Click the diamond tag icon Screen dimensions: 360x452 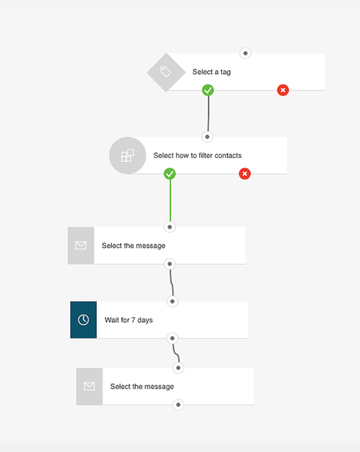click(166, 72)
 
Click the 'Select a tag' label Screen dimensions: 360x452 click(212, 72)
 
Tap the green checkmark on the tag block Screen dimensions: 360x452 click(208, 90)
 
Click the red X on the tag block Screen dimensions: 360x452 click(283, 90)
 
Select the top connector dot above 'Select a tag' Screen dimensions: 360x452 click(246, 53)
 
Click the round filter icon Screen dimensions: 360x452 click(128, 155)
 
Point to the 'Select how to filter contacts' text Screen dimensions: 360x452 click(197, 155)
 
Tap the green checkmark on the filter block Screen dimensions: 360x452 click(170, 173)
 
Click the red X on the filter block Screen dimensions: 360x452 click(245, 173)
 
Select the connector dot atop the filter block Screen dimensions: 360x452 click(207, 137)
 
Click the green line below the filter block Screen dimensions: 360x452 click(170, 200)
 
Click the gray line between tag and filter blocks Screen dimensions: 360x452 click(208, 113)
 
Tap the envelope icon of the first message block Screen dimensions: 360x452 click(81, 245)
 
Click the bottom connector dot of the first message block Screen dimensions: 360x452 click(170, 264)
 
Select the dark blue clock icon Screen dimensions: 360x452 click(83, 320)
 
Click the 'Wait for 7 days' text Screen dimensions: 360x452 click(129, 320)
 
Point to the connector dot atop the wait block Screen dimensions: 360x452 click(172, 301)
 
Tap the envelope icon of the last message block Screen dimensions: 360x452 click(89, 386)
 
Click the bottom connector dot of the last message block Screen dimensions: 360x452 click(178, 405)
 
